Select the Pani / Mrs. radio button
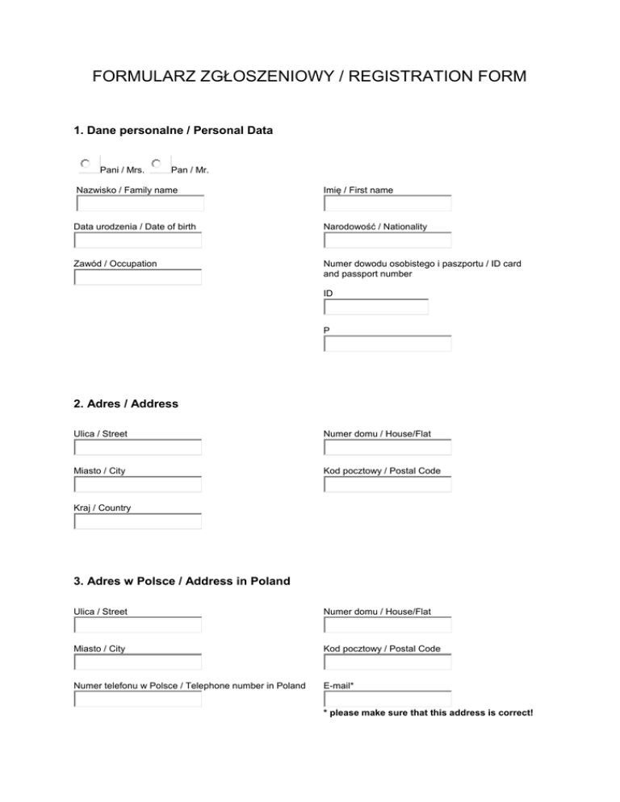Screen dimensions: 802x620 85,164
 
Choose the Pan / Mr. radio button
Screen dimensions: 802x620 156,164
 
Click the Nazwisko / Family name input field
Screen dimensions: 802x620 139,203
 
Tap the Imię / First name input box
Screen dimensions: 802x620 387,203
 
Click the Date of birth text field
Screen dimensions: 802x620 137,240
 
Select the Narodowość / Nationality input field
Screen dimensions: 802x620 387,240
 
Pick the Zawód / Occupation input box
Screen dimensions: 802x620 137,278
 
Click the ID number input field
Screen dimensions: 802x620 375,307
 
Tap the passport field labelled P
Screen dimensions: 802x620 387,344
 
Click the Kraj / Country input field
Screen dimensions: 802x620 137,521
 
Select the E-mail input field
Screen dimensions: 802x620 387,699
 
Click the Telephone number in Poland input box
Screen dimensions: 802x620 137,699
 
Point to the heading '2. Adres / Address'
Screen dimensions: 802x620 125,403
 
